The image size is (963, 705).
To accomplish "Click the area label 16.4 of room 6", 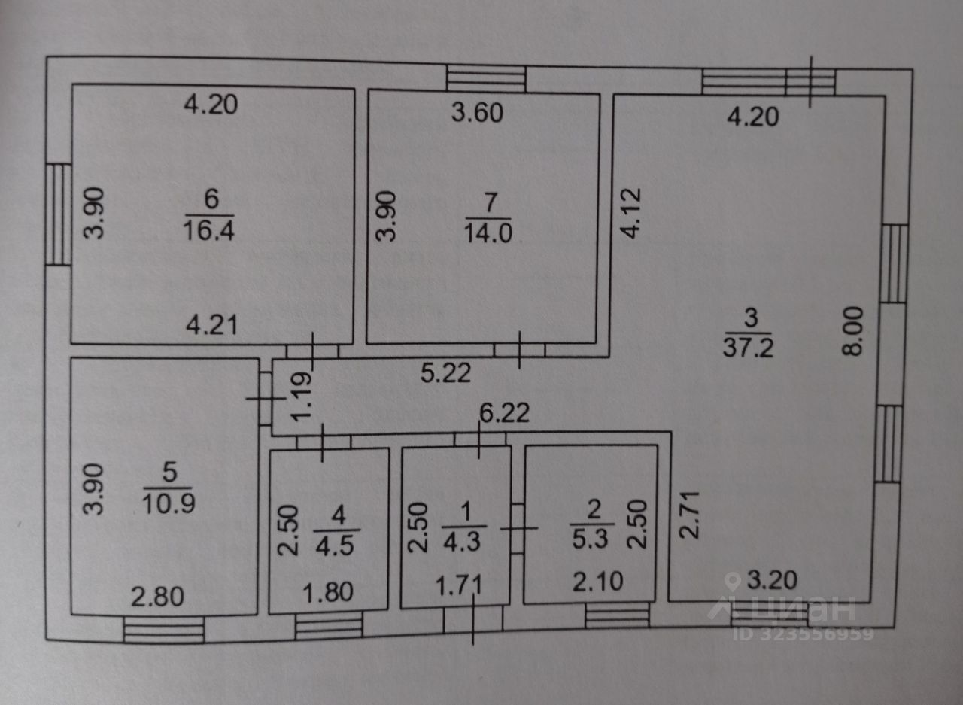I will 210,229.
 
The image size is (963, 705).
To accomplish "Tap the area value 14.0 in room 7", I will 489,232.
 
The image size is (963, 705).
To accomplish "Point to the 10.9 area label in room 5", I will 169,502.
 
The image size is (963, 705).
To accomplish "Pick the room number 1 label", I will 463,511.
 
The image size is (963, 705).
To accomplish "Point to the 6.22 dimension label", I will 505,413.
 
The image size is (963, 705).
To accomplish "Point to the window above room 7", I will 486,78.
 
